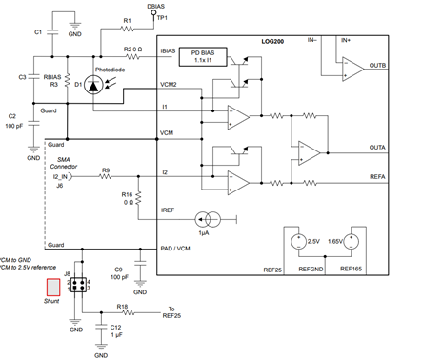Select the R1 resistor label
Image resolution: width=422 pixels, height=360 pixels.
pyautogui.click(x=127, y=20)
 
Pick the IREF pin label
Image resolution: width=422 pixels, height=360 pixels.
pyautogui.click(x=170, y=209)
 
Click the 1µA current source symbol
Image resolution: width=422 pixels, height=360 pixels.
pyautogui.click(x=208, y=220)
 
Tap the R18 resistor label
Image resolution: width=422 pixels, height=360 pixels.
pyautogui.click(x=122, y=306)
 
